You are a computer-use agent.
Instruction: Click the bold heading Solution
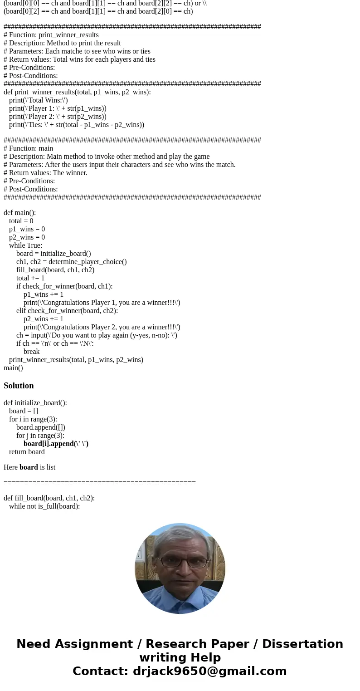pyautogui.click(x=19, y=386)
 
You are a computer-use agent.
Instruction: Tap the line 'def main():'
pyautogui.click(x=19, y=213)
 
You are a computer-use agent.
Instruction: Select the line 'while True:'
pyautogui.click(x=25, y=245)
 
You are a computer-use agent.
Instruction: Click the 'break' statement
pyautogui.click(x=31, y=352)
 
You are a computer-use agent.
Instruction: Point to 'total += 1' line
pyautogui.click(x=30, y=278)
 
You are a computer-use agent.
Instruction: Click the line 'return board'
pyautogui.click(x=27, y=452)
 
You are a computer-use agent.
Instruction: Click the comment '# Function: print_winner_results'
pyautogui.click(x=51, y=35)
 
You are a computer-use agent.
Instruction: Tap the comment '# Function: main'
pyautogui.click(x=28, y=148)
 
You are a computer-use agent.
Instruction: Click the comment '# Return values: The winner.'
pyautogui.click(x=45, y=173)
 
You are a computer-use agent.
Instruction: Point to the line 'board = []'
pyautogui.click(x=24, y=411)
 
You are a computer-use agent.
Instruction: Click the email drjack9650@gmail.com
pyautogui.click(x=209, y=671)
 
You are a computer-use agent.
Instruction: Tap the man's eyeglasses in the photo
pyautogui.click(x=180, y=562)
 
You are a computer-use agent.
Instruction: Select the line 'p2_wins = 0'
pyautogui.click(x=27, y=237)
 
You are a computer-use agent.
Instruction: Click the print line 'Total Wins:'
pyautogui.click(x=39, y=100)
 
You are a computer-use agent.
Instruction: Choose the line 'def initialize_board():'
pyautogui.click(x=35, y=403)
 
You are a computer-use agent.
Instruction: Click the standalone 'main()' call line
pyautogui.click(x=13, y=368)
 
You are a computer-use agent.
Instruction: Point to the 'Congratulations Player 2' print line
pyautogui.click(x=102, y=327)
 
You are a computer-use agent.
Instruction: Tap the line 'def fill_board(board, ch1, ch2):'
pyautogui.click(x=49, y=498)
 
